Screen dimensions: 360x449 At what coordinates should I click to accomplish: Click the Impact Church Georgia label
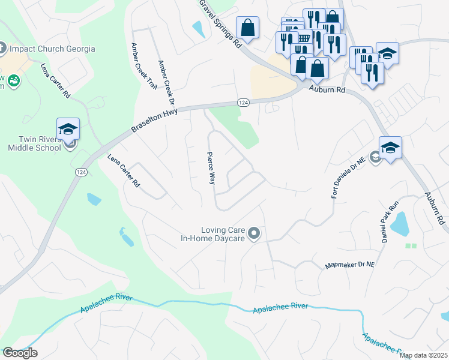point(53,49)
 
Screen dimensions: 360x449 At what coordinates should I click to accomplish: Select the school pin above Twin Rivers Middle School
point(68,129)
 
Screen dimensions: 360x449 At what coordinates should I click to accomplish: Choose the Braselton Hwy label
point(155,120)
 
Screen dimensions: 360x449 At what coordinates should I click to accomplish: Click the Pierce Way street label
point(211,167)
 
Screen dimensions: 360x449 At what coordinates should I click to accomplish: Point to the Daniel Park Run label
point(390,222)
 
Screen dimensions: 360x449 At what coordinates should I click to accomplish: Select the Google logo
point(20,353)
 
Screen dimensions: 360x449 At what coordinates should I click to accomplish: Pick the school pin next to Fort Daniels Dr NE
point(390,148)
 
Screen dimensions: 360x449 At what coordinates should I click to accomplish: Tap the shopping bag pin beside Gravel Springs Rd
point(247,28)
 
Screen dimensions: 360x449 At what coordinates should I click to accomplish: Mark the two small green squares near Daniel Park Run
point(411,245)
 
